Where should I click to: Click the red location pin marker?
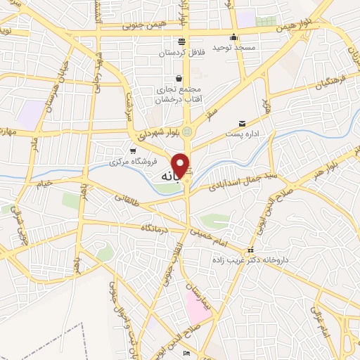tap(181, 165)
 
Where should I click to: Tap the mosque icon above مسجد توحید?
tap(234, 37)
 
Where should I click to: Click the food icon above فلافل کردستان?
tap(181, 41)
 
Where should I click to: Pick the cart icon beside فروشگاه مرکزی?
tap(134, 150)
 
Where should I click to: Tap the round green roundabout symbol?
tap(186, 131)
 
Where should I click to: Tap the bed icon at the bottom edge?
tap(186, 352)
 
